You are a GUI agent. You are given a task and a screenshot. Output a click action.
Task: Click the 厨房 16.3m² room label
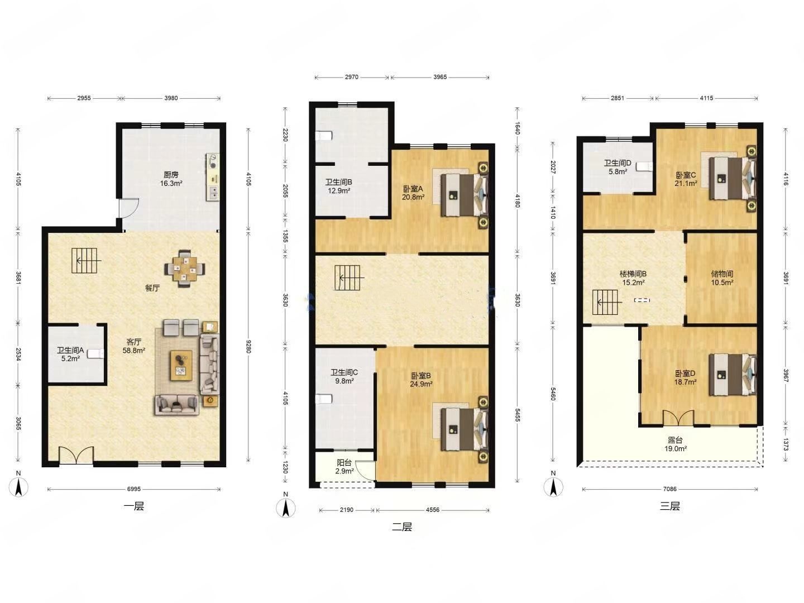pyautogui.click(x=171, y=179)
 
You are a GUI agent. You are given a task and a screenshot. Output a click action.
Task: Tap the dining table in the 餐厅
pyautogui.click(x=185, y=269)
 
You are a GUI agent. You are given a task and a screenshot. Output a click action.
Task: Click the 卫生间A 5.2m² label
pyautogui.click(x=70, y=354)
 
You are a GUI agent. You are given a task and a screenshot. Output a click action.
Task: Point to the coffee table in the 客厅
pyautogui.click(x=181, y=365)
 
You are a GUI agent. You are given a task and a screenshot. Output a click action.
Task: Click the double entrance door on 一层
pyautogui.click(x=76, y=456)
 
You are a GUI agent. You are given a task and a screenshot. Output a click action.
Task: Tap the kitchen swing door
pyautogui.click(x=129, y=208)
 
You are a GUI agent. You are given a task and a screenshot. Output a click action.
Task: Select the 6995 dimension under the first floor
pyautogui.click(x=133, y=489)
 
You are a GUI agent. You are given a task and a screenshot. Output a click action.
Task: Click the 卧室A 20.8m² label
pyautogui.click(x=414, y=193)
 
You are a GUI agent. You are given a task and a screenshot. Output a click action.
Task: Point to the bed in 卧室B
pyautogui.click(x=465, y=429)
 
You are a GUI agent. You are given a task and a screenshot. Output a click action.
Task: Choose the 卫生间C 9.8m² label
pyautogui.click(x=344, y=376)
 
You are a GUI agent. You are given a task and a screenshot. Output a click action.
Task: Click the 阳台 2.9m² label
pyautogui.click(x=344, y=467)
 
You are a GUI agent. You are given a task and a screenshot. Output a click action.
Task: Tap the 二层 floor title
pyautogui.click(x=402, y=527)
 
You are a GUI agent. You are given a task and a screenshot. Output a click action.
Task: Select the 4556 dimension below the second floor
pyautogui.click(x=432, y=510)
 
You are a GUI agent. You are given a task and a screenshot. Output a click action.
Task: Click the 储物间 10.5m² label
pyautogui.click(x=722, y=278)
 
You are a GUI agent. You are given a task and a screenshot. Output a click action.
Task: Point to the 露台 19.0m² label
pyautogui.click(x=676, y=444)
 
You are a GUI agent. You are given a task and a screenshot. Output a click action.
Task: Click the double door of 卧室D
pyautogui.click(x=678, y=418)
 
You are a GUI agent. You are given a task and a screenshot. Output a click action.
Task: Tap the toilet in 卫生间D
pyautogui.click(x=644, y=166)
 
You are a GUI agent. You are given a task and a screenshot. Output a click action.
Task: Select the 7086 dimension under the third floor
pyautogui.click(x=669, y=489)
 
